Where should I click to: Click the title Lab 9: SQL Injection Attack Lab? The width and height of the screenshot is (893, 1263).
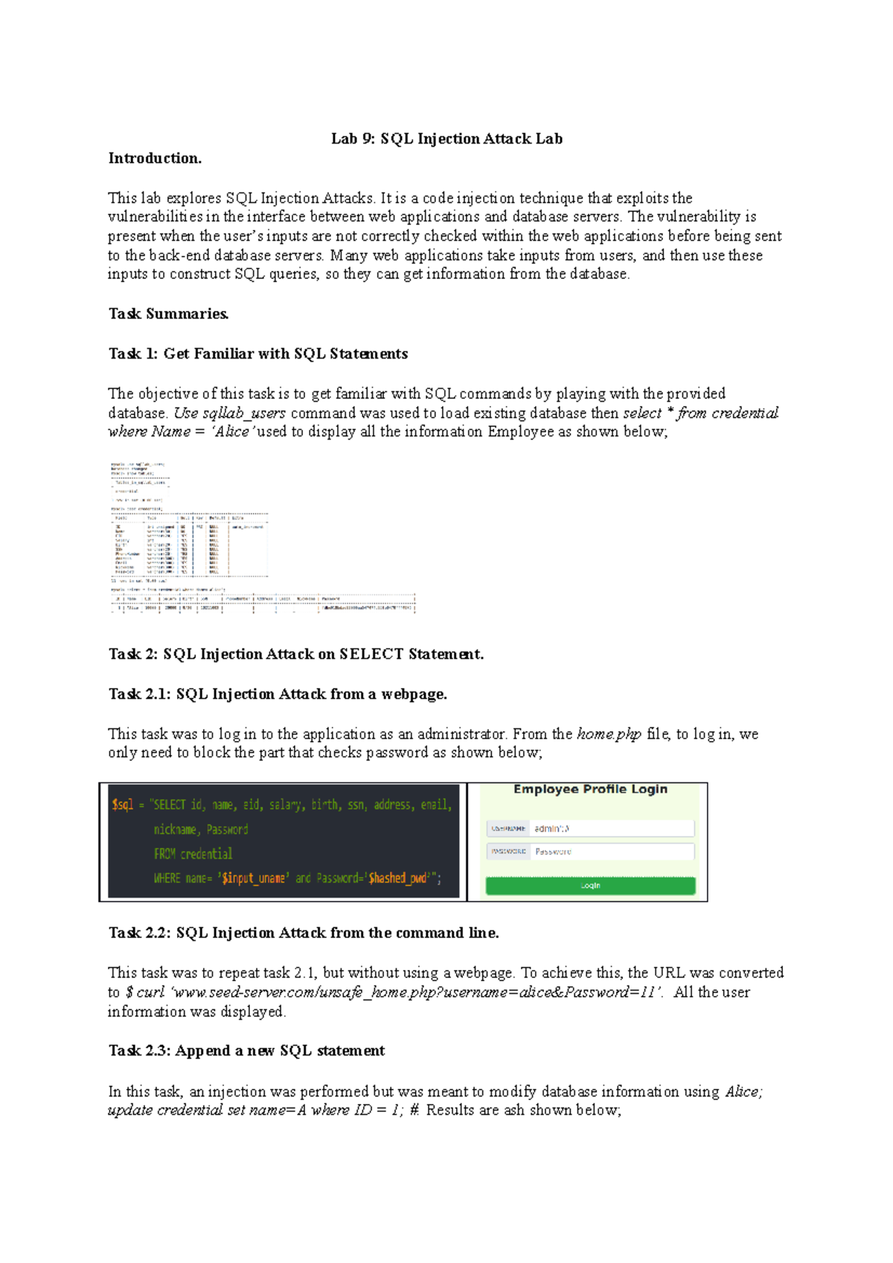(446, 139)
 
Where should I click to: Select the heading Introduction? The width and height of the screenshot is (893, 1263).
(155, 158)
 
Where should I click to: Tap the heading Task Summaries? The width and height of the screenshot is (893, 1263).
(168, 314)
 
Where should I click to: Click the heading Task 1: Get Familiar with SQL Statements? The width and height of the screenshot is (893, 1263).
(257, 354)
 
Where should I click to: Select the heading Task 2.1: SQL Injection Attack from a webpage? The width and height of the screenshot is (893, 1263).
(278, 694)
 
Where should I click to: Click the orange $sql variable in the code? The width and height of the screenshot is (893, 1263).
(123, 805)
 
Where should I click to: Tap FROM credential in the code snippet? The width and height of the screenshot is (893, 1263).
(193, 854)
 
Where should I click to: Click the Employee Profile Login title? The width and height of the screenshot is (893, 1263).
(590, 789)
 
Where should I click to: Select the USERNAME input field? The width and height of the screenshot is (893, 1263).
(612, 828)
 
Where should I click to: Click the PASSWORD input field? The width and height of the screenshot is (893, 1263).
(612, 852)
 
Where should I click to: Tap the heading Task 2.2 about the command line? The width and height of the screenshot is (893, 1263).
(304, 933)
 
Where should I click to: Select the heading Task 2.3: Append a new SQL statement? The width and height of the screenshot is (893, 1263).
(246, 1051)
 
